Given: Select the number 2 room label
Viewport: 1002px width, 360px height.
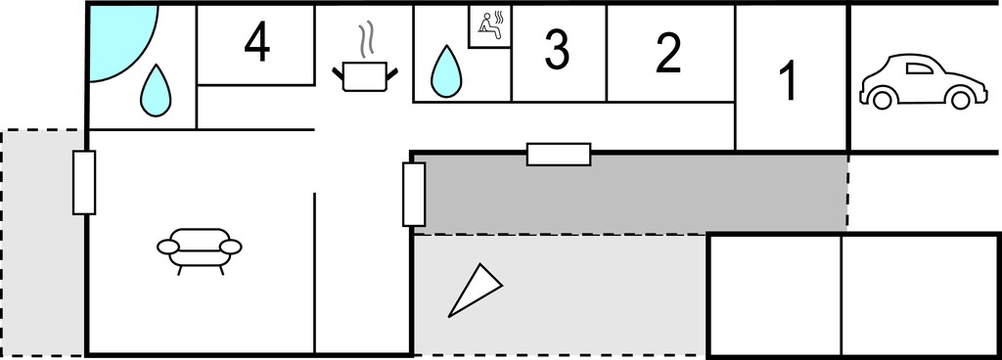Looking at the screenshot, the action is click(x=668, y=53).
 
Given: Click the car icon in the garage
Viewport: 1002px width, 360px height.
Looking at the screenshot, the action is click(x=924, y=82).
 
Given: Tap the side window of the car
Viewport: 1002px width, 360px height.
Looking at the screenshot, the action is click(x=920, y=68).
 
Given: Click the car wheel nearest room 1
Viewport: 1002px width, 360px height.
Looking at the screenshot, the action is click(x=882, y=99).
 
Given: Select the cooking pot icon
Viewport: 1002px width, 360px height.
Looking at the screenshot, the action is click(x=365, y=76).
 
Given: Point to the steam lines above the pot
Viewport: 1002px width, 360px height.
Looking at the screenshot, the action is click(x=365, y=39).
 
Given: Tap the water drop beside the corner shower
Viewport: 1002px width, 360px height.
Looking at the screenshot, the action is click(x=156, y=90).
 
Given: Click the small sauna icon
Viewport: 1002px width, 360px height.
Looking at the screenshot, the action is click(x=490, y=26).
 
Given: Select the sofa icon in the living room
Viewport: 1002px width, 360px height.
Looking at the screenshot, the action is click(x=200, y=250).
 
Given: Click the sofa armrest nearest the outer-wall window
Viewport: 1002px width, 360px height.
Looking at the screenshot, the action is click(x=168, y=247).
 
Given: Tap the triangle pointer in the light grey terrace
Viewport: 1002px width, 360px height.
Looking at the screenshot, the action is click(x=474, y=292).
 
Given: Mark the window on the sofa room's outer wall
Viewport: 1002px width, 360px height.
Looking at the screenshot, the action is click(x=84, y=183).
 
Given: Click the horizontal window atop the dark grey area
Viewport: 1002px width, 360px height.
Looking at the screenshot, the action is click(x=559, y=155).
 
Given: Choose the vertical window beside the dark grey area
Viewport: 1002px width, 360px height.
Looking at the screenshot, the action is click(x=414, y=194).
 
